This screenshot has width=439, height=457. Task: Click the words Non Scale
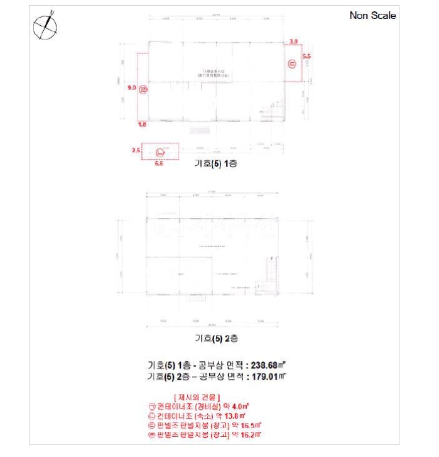(x=372, y=16)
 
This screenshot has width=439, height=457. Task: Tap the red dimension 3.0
(x=293, y=41)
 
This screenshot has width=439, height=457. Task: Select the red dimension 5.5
(x=306, y=57)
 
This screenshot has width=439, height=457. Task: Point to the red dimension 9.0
(x=132, y=89)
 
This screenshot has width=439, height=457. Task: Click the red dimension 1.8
(x=143, y=125)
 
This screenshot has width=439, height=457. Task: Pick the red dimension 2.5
(x=135, y=151)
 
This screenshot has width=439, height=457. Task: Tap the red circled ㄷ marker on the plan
(x=291, y=63)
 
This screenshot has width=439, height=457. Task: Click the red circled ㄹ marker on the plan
(x=143, y=90)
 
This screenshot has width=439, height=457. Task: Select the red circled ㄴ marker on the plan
(x=160, y=151)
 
